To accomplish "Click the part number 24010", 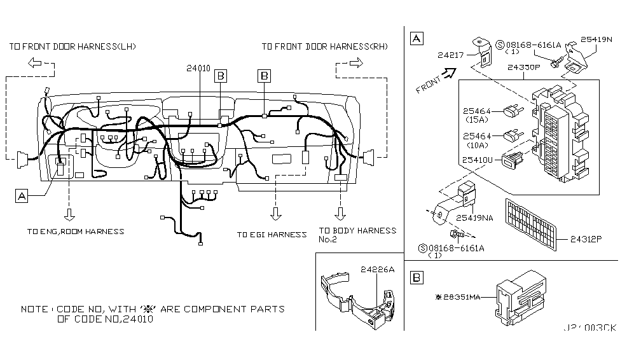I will point(198,68).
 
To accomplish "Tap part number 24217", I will point(451,55).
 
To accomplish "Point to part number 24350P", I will point(524,67).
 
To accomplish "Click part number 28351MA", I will point(460,297).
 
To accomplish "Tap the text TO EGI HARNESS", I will point(272,235).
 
